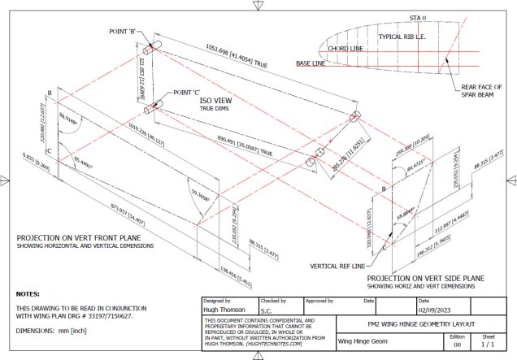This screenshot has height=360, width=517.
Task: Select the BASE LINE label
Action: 315,63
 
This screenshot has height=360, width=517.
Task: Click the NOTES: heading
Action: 32,293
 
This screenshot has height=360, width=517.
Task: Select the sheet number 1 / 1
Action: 487,345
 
